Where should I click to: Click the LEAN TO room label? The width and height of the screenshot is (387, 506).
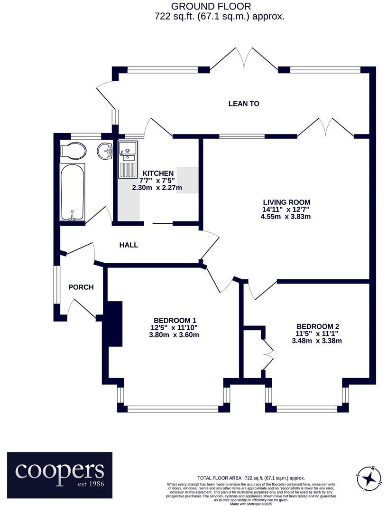[244, 104]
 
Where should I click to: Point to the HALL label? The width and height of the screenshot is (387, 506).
[129, 245]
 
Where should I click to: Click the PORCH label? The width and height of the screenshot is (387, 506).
[81, 287]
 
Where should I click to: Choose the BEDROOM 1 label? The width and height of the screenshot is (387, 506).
[175, 320]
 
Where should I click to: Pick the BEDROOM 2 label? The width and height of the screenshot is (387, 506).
[317, 326]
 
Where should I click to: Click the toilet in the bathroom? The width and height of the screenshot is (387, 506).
[74, 151]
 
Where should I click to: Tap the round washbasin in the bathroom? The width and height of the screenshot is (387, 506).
[104, 151]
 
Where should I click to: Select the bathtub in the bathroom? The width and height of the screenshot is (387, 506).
[73, 192]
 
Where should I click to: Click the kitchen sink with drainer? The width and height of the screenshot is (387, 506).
[128, 159]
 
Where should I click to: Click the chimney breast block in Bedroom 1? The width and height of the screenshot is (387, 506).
[114, 324]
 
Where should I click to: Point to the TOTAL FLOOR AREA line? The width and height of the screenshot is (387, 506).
[251, 478]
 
